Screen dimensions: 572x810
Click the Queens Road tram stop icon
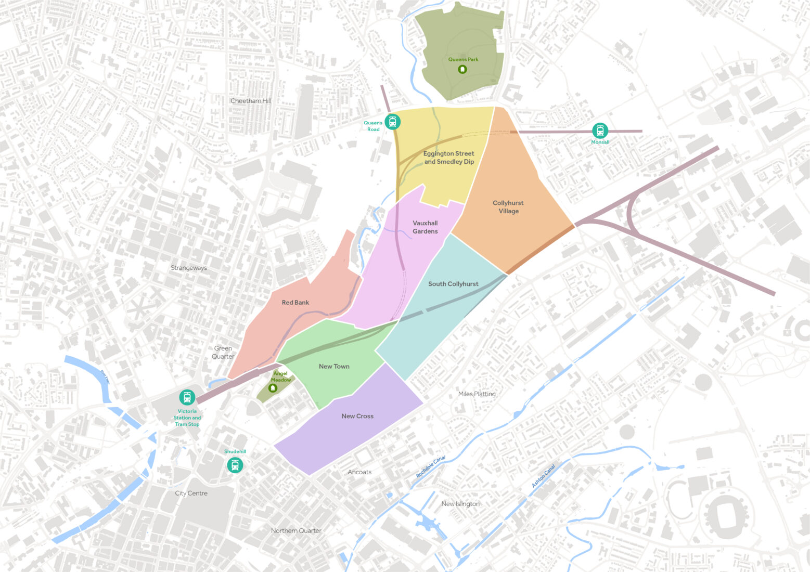pos(393,122)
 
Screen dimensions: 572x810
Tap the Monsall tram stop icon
pos(600,131)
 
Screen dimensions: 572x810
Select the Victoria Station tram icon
pos(187,398)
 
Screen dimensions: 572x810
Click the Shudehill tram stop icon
pos(235,465)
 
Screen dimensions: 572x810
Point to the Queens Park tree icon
pos(462,69)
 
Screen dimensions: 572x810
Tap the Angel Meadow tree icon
pos(272,388)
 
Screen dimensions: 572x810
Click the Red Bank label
pos(295,303)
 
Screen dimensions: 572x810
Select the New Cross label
pos(357,416)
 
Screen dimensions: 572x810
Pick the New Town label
pos(334,367)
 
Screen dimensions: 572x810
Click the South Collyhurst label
pos(453,284)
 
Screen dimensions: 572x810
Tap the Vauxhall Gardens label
pos(425,227)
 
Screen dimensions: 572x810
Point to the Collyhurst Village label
pos(508,207)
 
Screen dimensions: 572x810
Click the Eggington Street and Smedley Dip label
pos(449,158)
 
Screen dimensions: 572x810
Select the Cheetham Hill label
pos(251,101)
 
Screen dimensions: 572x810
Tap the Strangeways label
pos(189,268)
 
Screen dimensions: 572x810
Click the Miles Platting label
pos(477,394)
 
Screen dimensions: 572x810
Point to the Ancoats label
pos(359,472)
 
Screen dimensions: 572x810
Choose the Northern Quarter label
pos(296,531)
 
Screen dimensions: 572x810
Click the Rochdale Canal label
pos(431,467)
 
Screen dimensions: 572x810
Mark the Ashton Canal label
pos(544,476)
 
